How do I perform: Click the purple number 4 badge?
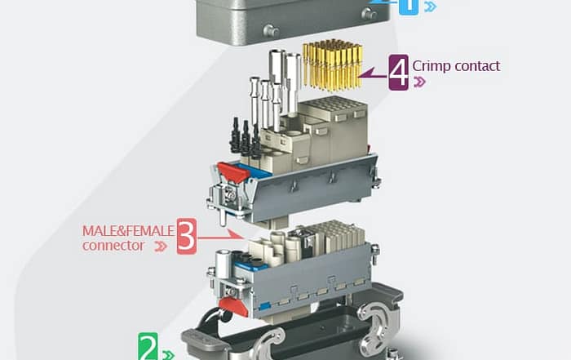point(398,72)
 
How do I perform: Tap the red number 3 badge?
point(187,236)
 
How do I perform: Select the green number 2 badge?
point(148,346)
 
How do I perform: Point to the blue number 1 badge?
point(409,7)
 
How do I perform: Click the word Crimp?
point(432,66)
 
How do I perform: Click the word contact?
point(477,66)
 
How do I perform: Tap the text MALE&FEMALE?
point(128,231)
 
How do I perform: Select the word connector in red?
point(113,245)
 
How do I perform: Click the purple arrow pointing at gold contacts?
point(374,74)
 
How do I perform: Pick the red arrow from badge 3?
point(220,236)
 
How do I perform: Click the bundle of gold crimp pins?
point(333,64)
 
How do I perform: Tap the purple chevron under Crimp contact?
point(419,82)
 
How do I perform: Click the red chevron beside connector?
point(161,247)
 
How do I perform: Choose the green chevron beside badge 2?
point(168,355)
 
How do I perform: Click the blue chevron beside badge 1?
point(431,7)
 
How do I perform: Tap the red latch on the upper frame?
point(233,172)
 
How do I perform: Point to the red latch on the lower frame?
point(233,306)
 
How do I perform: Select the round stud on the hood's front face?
point(271,30)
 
